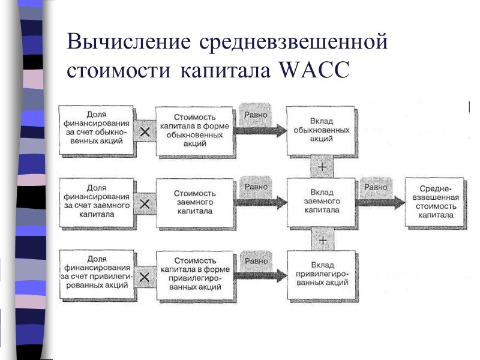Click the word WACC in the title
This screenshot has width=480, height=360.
(x=314, y=70)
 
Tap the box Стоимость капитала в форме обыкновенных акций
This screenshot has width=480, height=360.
(x=194, y=131)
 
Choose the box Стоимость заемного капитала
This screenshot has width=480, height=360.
(x=194, y=202)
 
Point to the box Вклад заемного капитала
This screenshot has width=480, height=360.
(x=322, y=202)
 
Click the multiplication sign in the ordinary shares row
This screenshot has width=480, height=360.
(x=145, y=133)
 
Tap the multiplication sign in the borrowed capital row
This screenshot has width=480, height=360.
(x=145, y=204)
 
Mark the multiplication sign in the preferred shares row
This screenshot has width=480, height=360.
(x=145, y=277)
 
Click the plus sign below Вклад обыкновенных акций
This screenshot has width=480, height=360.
(x=322, y=166)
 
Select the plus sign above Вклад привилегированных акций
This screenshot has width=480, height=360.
(x=322, y=239)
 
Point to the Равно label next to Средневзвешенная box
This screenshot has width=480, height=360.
(x=376, y=187)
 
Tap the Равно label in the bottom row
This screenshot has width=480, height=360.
(x=256, y=260)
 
